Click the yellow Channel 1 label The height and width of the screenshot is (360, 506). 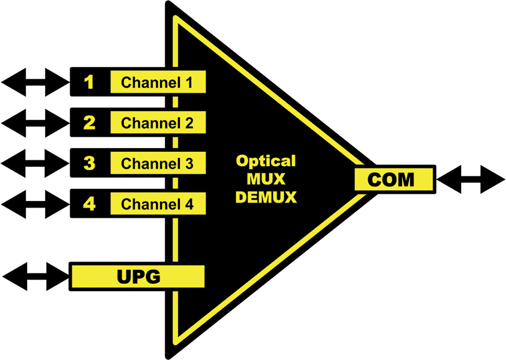158,82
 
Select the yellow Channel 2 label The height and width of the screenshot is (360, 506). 158,123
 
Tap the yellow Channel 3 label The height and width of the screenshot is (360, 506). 158,163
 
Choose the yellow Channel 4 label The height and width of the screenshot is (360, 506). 158,203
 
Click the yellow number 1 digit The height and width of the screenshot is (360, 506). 89,82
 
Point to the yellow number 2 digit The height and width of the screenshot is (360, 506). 89,123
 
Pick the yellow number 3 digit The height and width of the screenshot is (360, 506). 89,163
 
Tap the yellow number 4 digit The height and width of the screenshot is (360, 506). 89,203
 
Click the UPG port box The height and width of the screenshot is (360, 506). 137,277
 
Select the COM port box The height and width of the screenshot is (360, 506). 393,179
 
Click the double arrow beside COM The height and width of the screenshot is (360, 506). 471,179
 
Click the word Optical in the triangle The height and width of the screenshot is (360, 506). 266,161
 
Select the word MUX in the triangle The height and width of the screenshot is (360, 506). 266,179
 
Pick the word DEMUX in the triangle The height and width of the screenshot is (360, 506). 266,197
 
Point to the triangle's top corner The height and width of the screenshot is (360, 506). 170,6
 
